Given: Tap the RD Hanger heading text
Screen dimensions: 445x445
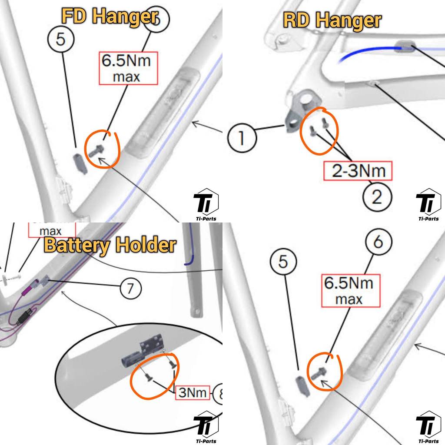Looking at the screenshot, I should click(332, 20).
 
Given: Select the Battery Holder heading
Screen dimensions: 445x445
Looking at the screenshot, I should click(110, 246).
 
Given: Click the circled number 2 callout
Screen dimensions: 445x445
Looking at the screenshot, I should click(377, 198).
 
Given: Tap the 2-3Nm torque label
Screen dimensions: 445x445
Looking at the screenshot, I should click(358, 171).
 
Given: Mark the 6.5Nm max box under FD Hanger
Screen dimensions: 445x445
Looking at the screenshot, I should click(126, 68).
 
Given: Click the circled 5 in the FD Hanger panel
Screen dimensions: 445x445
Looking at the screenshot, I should click(60, 40).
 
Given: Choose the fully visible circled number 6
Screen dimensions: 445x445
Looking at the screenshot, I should click(378, 242).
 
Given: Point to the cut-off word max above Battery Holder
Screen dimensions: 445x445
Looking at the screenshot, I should click(50, 231).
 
